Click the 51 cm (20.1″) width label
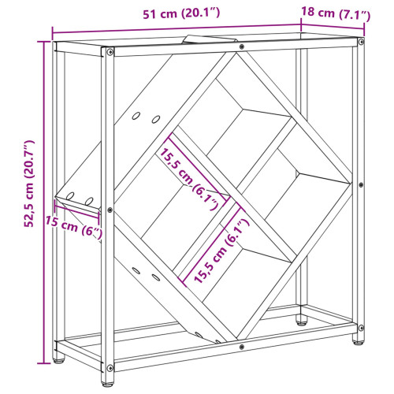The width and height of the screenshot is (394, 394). (181, 13)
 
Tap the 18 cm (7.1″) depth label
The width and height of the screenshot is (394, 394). (336, 13)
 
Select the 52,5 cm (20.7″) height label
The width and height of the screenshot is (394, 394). (29, 184)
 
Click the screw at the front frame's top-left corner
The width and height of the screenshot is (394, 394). (110, 52)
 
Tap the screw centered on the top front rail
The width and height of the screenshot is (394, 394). (242, 46)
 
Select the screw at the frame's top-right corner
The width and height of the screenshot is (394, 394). (361, 42)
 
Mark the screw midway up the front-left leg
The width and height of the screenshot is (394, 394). (110, 210)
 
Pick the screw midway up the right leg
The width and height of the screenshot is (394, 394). (361, 184)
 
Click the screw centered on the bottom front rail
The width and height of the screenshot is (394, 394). (242, 347)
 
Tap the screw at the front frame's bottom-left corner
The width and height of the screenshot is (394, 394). (110, 367)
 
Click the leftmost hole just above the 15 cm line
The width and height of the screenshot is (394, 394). (70, 196)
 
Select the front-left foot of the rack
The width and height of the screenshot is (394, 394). (108, 383)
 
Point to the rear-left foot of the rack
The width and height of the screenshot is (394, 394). (58, 360)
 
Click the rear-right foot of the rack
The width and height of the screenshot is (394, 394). (302, 322)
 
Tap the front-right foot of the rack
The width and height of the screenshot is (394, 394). (359, 341)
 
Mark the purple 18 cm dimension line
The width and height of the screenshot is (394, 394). (333, 27)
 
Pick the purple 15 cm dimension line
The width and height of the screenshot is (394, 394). (76, 210)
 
